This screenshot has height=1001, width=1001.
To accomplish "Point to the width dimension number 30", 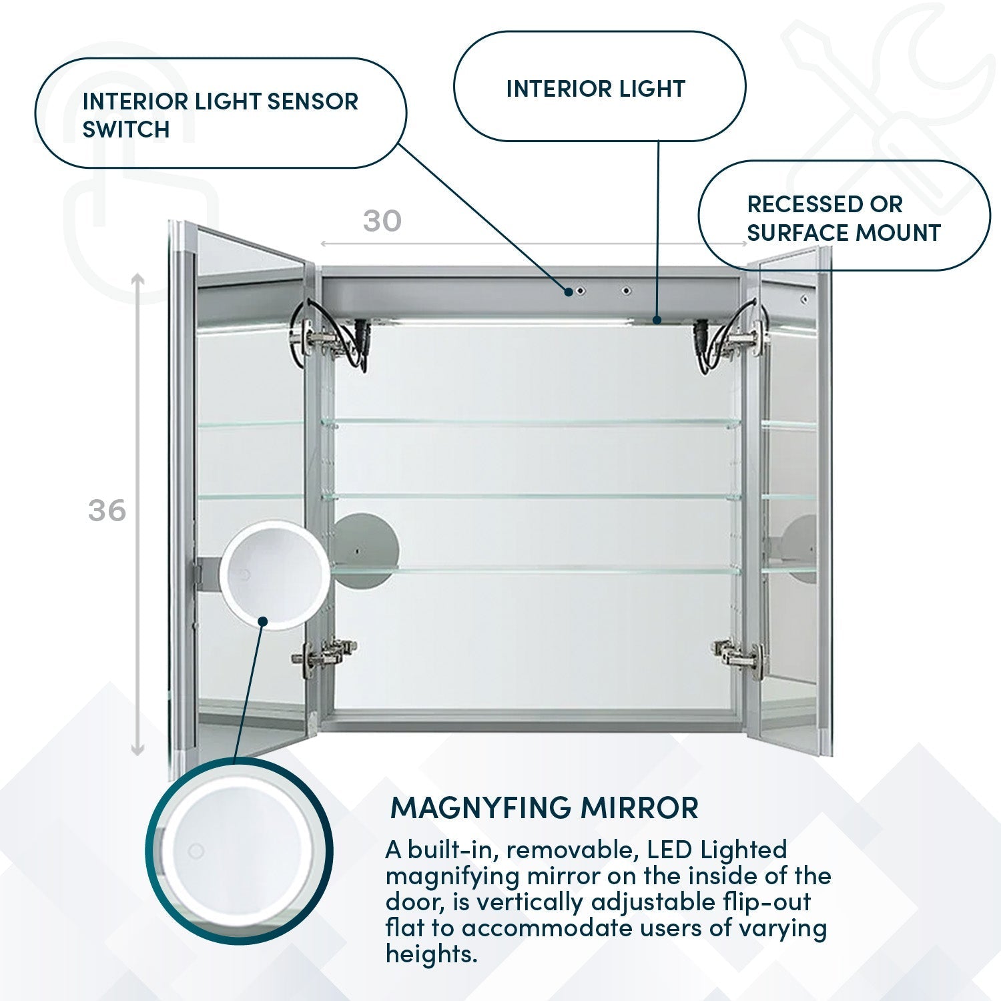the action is tap(382, 221).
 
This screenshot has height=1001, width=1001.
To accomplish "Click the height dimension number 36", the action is tap(107, 511).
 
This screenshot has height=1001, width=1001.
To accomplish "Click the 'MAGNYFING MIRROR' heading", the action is tap(545, 808).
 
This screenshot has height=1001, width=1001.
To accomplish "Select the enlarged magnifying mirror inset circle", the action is tap(239, 852).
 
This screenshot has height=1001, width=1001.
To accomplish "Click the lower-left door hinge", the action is tap(324, 653).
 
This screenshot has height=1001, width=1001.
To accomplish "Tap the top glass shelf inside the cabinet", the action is tap(531, 422).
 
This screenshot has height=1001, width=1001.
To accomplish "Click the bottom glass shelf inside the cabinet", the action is tap(534, 571).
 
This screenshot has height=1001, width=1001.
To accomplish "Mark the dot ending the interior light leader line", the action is tap(657, 320).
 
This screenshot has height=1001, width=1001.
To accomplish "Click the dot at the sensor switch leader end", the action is tap(569, 292).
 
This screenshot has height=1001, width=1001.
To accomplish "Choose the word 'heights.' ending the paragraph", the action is tap(432, 954).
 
